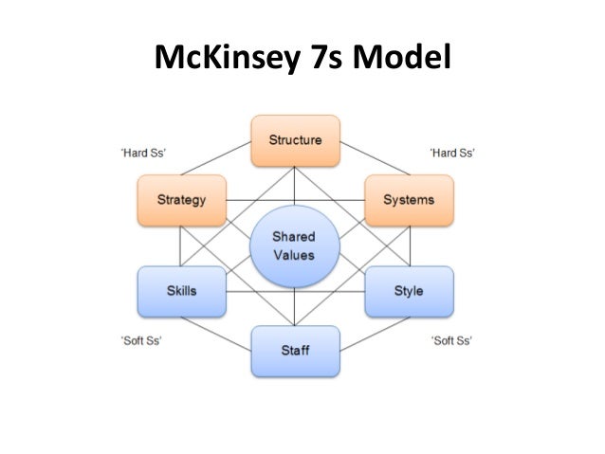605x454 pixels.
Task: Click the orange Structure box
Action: (x=295, y=140)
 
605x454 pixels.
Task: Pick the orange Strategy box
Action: (x=181, y=200)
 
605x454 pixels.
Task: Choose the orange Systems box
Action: (x=409, y=200)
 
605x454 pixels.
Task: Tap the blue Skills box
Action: (x=181, y=290)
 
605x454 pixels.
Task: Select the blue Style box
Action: (x=409, y=290)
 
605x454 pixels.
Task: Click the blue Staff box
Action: (x=295, y=350)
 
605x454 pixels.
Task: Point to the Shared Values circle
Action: (x=295, y=245)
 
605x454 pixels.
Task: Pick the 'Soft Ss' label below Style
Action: (x=451, y=340)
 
